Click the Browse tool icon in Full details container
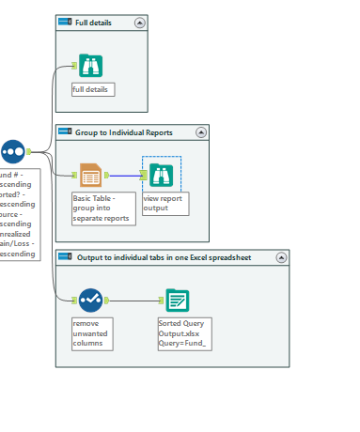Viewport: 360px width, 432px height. coord(90,65)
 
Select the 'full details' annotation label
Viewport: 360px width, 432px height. coord(92,89)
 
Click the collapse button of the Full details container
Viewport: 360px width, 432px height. coord(140,22)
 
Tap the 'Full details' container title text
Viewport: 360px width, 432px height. coord(95,22)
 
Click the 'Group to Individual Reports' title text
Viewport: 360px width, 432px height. coord(123,132)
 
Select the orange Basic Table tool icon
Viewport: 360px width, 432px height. coord(90,175)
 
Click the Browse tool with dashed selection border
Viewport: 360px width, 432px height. coord(161,175)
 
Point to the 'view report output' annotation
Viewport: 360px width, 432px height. coord(164,204)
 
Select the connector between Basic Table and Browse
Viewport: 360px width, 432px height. coord(127,175)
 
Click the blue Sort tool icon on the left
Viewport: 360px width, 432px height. coord(13,150)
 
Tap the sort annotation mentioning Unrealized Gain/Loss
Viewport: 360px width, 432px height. coord(19,213)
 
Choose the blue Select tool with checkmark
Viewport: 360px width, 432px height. coord(90,300)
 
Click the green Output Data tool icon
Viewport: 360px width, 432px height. coord(177,300)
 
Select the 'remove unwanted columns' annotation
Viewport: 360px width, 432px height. coord(92,332)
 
